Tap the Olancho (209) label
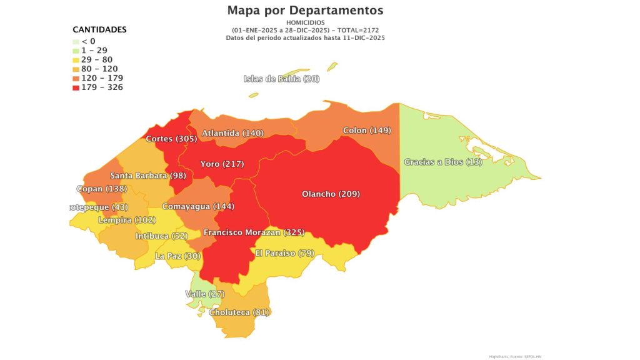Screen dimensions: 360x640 (x=331, y=194)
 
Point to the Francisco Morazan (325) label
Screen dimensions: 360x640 (x=254, y=232)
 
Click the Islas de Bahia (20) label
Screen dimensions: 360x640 (x=281, y=79)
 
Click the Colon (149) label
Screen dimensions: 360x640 (x=367, y=131)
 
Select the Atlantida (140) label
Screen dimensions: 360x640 (x=232, y=133)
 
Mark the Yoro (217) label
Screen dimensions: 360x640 (x=222, y=164)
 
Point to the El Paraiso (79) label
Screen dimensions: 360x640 (x=284, y=253)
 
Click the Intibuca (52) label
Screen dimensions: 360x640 (x=161, y=236)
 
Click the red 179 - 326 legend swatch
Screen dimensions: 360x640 (x=76, y=87)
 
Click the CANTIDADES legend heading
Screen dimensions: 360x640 (x=99, y=29)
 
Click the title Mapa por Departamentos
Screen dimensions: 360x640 (x=306, y=11)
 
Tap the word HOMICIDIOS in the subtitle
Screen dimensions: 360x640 (x=305, y=22)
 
